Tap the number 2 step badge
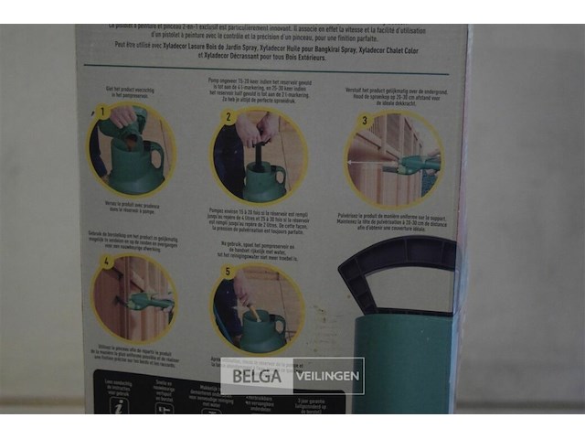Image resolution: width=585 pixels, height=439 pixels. point(230,118)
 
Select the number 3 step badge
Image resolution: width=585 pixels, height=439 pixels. point(364,121)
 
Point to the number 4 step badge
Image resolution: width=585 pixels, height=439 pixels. point(107,262)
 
